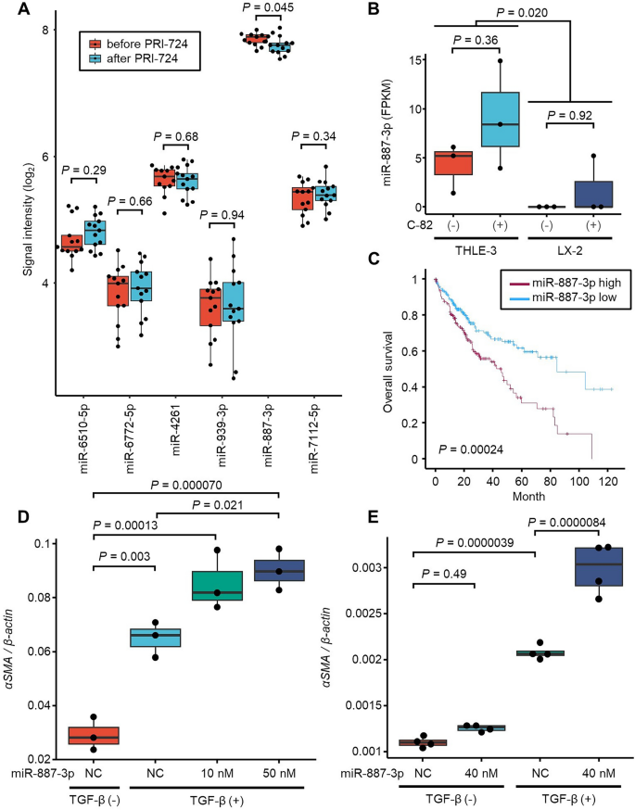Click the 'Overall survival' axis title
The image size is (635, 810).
(386, 370)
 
